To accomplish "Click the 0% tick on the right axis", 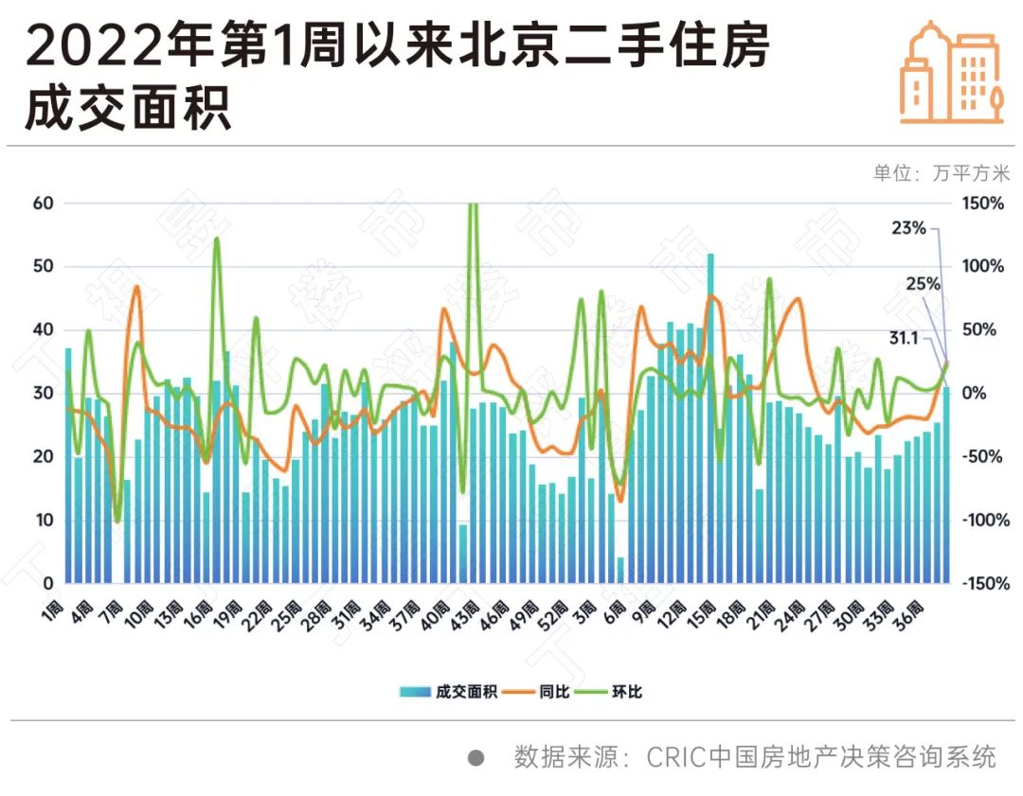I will pyautogui.click(x=975, y=394).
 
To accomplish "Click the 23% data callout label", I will pyautogui.click(x=909, y=227).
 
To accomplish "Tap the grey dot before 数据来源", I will pyautogui.click(x=476, y=757).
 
